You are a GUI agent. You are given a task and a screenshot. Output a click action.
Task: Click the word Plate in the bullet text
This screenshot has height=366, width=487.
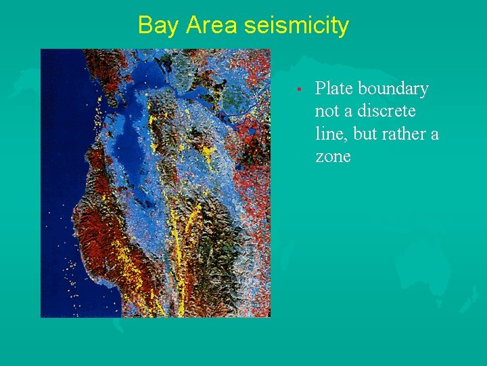click(x=334, y=89)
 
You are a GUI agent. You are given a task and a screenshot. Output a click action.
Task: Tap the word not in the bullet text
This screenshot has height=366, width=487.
click(x=327, y=111)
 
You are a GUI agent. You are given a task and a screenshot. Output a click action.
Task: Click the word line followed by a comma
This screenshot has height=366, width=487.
click(x=331, y=134)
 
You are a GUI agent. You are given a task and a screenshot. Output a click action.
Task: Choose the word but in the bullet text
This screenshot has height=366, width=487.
click(x=366, y=134)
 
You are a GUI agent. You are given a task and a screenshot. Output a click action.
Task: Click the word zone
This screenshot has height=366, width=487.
click(x=333, y=157)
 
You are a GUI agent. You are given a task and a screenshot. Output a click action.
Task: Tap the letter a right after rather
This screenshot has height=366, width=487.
click(x=434, y=134)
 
